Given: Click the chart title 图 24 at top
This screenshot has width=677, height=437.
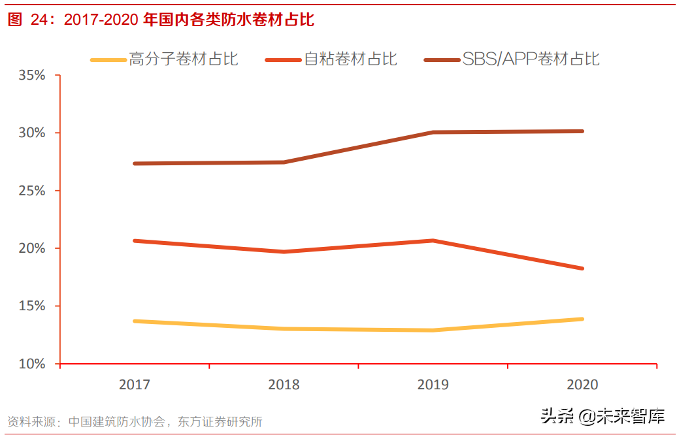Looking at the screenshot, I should coord(161,20).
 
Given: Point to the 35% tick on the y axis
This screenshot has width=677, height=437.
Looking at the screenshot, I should coord(32,75).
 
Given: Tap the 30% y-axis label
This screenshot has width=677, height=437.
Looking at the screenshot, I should coord(32,133).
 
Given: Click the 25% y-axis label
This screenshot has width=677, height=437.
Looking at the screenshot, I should coord(32,191).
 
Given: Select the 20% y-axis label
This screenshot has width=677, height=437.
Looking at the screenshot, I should coord(32,248).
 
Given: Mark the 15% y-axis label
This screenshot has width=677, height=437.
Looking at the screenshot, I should coord(32,306).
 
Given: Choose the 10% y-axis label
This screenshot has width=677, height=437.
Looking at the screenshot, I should coord(32,364).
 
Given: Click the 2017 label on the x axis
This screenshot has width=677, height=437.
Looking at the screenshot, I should coord(135,385).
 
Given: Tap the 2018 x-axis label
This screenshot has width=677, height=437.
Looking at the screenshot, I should coord(284,385).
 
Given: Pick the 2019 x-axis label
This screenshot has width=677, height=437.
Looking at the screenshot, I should coord(433,385).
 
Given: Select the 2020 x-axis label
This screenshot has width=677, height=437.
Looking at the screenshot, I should coord(582,385).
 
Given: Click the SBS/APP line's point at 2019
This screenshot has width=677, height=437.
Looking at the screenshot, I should coord(433,133).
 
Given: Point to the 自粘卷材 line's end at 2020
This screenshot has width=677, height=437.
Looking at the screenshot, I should coord(582,268).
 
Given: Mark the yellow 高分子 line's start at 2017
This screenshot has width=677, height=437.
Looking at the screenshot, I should coord(135,321).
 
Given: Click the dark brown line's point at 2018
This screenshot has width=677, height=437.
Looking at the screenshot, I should coord(284,162).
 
